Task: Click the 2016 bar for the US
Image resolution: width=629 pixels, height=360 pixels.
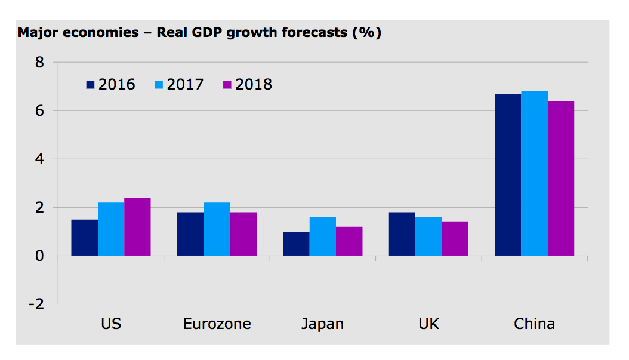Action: pos(84,238)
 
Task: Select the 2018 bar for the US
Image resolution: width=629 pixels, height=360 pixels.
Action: pos(137,227)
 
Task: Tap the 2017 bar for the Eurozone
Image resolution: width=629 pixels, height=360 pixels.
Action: pos(217,229)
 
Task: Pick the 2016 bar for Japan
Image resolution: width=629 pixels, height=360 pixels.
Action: pos(296,244)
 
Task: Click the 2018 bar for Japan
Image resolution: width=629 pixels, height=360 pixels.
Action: pos(349,241)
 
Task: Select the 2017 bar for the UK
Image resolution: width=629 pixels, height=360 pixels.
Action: pos(428,236)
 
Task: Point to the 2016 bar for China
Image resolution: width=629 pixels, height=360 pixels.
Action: pos(508,175)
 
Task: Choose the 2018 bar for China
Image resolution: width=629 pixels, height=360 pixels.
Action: pos(561,179)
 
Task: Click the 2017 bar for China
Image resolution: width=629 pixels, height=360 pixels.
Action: pos(534,174)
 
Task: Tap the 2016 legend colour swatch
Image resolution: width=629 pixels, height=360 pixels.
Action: pos(91,85)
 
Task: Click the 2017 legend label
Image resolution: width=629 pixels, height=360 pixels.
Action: pos(185,85)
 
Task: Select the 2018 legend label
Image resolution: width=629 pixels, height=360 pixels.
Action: pos(254,85)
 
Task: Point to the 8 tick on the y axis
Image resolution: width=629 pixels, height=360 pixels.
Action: pos(39,62)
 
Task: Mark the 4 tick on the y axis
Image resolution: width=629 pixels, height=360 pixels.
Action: pos(39,159)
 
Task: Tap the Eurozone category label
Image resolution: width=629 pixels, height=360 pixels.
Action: pos(217,324)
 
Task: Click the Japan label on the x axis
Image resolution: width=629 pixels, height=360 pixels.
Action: pos(322,324)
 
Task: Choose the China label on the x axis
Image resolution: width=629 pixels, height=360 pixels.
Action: pos(534,324)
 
